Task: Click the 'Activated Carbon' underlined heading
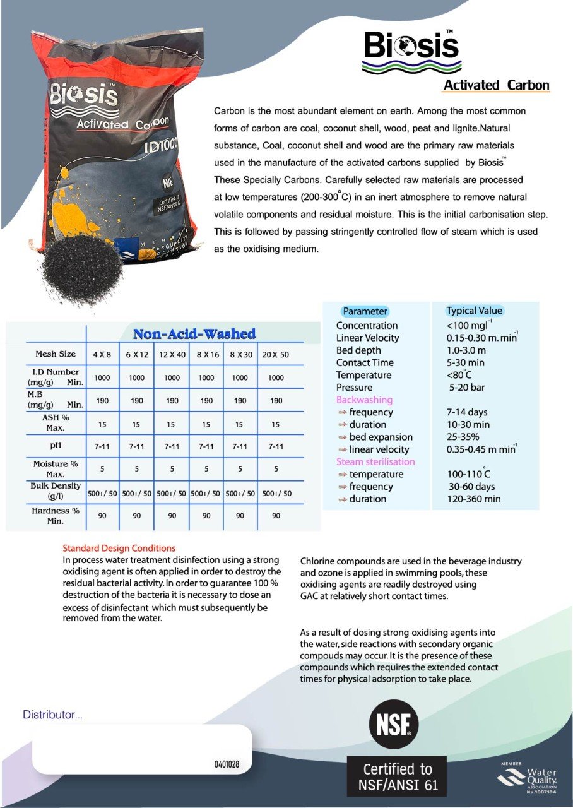point(496,85)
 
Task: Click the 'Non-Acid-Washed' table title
point(194,334)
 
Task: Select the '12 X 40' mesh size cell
point(172,355)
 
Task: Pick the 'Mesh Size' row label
point(56,354)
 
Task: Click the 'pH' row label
point(55,446)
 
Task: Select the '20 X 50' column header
point(276,355)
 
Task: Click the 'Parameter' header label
point(365,311)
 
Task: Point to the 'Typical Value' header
point(474,311)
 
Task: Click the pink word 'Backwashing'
point(364,400)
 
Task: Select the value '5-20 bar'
point(467,388)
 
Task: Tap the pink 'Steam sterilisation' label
point(375,461)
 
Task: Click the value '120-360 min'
point(473,499)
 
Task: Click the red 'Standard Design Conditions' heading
point(119,548)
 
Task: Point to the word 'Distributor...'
point(52,715)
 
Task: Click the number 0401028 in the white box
point(227,764)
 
